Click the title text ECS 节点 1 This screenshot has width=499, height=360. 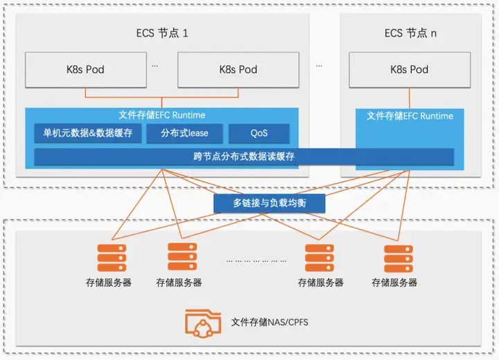162,33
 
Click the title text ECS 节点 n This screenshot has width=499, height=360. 410,33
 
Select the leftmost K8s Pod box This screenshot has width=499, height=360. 86,70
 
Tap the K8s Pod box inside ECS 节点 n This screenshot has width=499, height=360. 410,70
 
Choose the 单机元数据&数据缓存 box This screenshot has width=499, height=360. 88,133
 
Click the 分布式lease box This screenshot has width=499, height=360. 184,133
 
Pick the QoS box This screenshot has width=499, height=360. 259,133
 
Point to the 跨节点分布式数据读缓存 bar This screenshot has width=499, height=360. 244,157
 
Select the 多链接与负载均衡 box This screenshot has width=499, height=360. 269,203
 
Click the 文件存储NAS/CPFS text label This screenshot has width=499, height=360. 270,322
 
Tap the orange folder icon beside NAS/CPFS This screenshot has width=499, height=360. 203,323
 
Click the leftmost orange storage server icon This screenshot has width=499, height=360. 112,258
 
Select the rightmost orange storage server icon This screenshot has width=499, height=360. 399,258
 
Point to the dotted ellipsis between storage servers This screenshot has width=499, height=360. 256,261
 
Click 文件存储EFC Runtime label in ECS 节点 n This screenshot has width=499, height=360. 410,116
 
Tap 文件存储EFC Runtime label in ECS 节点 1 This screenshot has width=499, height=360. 162,115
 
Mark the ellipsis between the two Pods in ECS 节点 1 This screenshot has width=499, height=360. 155,66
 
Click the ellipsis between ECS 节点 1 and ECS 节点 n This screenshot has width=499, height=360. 319,66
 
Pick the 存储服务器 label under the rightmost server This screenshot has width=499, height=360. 394,282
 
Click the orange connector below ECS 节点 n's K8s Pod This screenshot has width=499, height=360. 410,98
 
